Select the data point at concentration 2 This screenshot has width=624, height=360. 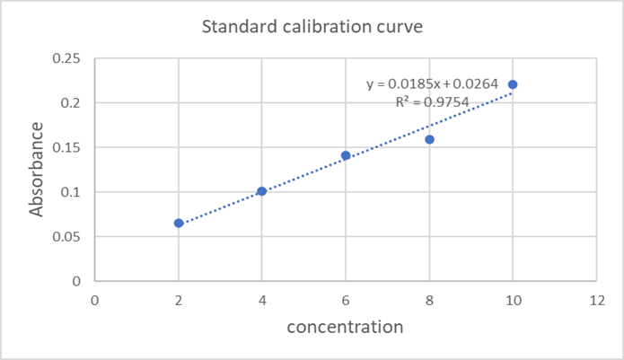(179, 223)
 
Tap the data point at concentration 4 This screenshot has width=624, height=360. (262, 191)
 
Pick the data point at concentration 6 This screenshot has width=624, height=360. (346, 155)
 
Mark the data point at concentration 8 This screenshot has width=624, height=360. (429, 139)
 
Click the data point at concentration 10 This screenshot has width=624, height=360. (513, 84)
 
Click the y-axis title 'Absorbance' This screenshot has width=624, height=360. (37, 171)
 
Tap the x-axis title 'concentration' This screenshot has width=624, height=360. (345, 327)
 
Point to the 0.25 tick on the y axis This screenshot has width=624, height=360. (66, 58)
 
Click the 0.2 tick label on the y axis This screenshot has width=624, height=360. (71, 103)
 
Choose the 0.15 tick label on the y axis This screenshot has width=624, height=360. (66, 147)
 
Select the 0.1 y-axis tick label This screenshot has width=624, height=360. (71, 192)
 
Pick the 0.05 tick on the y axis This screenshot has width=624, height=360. (66, 237)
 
